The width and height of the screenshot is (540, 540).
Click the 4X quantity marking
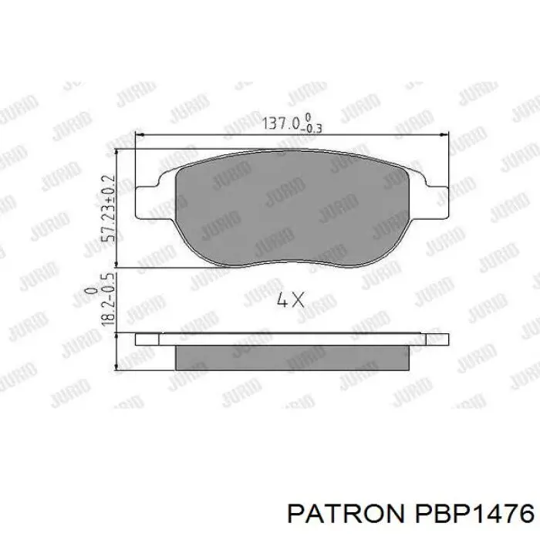[291, 300]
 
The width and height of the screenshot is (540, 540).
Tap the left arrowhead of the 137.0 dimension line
[140, 137]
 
